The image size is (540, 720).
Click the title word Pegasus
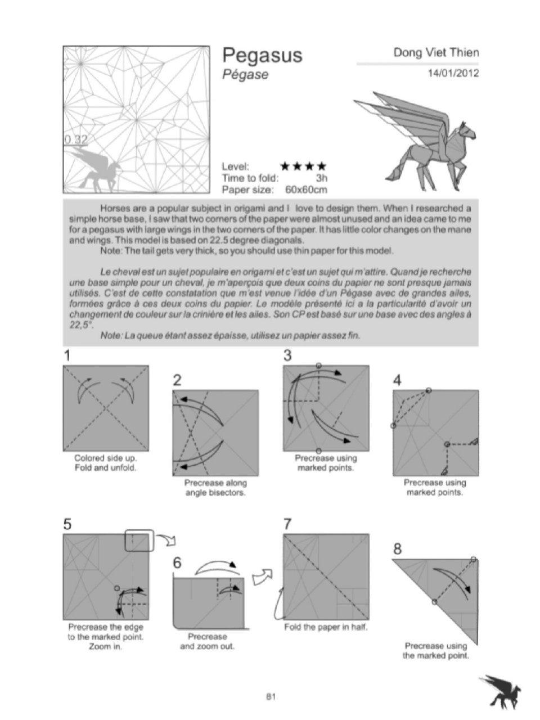(262, 56)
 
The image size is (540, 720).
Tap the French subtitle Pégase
(245, 75)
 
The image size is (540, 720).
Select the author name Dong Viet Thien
(436, 52)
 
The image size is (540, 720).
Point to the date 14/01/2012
(453, 73)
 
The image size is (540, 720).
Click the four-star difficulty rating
(304, 166)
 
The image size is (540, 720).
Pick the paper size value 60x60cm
(306, 190)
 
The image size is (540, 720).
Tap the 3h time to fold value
(322, 178)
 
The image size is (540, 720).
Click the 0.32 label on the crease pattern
(76, 139)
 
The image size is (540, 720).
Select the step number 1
(67, 355)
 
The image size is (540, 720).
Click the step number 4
(397, 381)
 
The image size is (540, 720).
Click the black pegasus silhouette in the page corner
(501, 687)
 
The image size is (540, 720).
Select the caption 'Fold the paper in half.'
(326, 627)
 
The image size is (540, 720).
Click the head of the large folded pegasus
(467, 132)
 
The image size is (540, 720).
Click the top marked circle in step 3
(319, 366)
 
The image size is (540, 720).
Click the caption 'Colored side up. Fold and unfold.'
(106, 463)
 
